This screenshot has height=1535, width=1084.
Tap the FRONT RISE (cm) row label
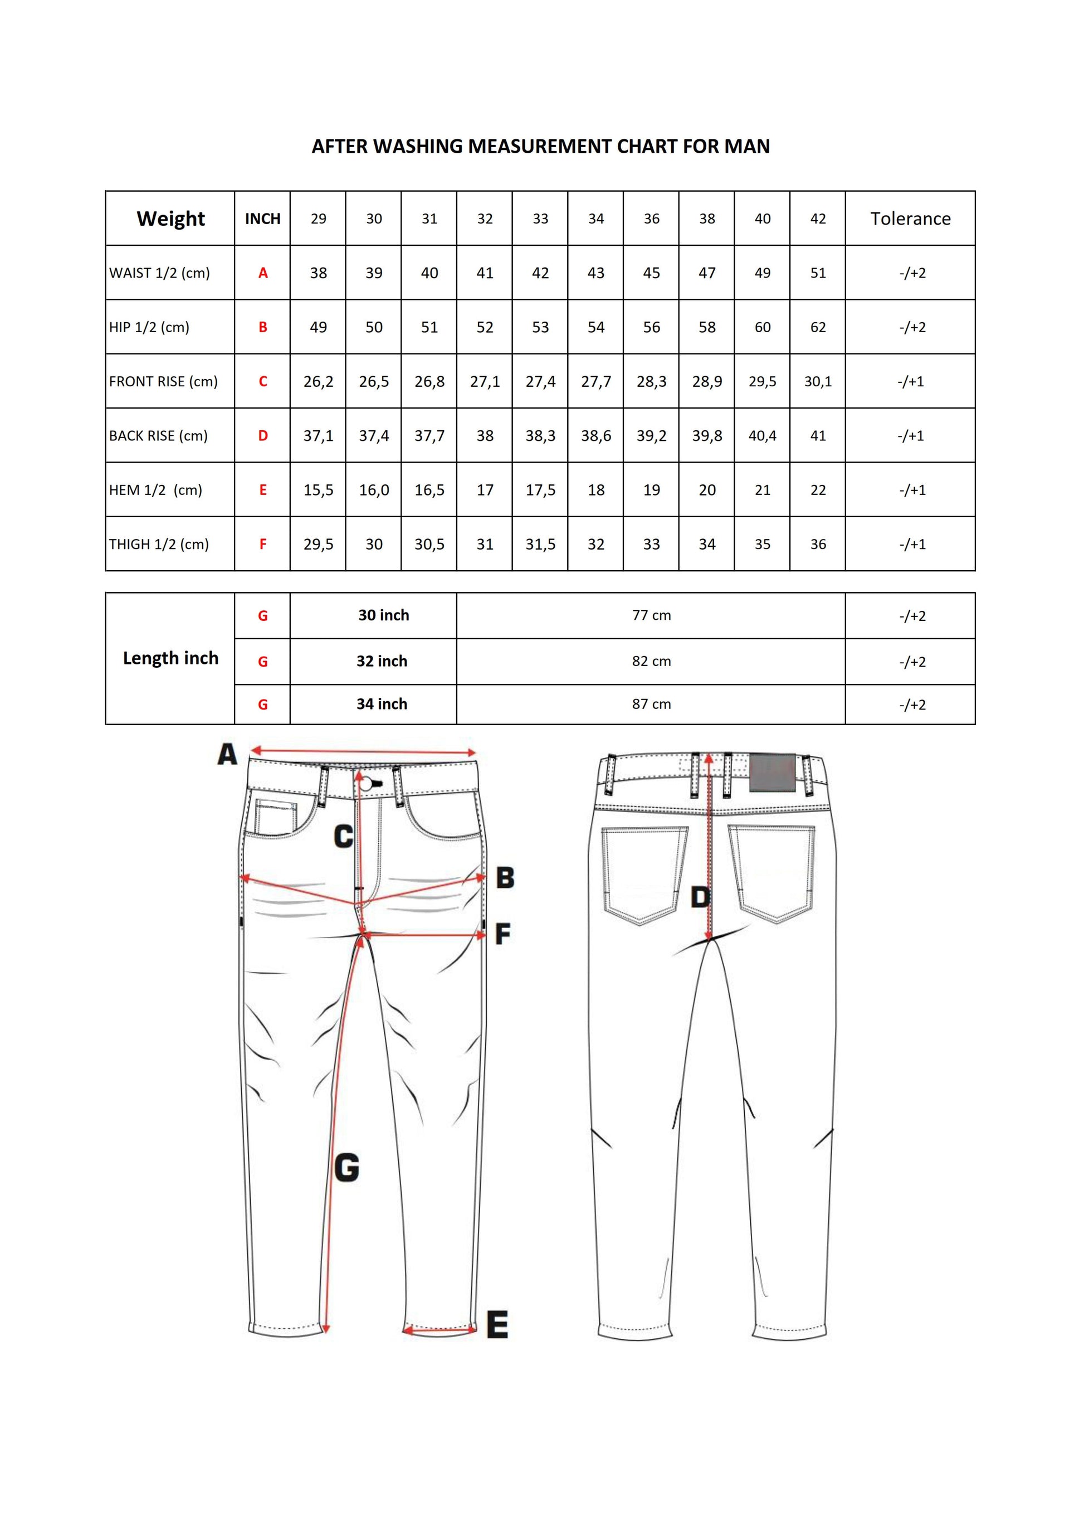(x=163, y=382)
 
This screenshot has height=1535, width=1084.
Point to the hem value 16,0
(x=374, y=490)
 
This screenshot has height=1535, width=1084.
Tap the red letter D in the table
(x=263, y=436)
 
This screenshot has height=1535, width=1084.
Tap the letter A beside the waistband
(x=227, y=755)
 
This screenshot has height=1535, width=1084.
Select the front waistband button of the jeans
(x=366, y=784)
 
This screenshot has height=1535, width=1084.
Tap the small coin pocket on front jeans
(x=275, y=817)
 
